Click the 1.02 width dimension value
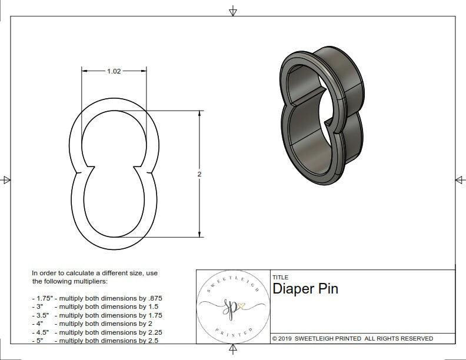tap(114, 71)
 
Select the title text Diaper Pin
tap(305, 289)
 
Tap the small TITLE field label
tap(280, 278)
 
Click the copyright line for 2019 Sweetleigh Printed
tap(352, 338)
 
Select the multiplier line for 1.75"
tap(96, 298)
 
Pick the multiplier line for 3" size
tap(94, 306)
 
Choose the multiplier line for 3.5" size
tap(96, 315)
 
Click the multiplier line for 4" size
tap(92, 324)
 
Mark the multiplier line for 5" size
tap(94, 340)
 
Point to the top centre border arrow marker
tap(233, 11)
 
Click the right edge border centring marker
tap(460, 180)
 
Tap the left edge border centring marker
tap(6, 180)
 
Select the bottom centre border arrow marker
tap(233, 350)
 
